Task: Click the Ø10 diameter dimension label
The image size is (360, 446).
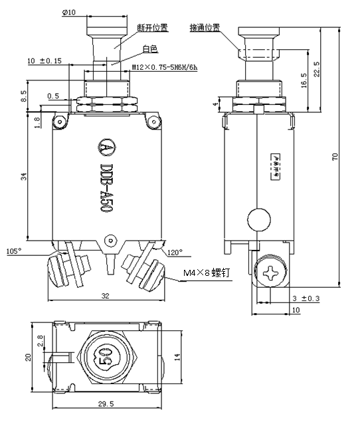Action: pos(68,11)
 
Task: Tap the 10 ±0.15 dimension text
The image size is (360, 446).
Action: pos(44,60)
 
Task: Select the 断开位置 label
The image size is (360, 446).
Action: pos(151,28)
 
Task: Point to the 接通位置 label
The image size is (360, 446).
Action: pos(205,28)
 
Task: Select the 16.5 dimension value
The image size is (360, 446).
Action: pos(304,81)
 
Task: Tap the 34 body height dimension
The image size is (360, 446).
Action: pos(23,176)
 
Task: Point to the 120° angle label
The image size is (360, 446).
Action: pos(175,252)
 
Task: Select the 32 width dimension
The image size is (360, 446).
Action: pos(105,296)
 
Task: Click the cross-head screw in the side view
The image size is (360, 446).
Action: pos(273,273)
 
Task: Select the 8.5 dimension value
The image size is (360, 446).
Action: pos(24,96)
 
